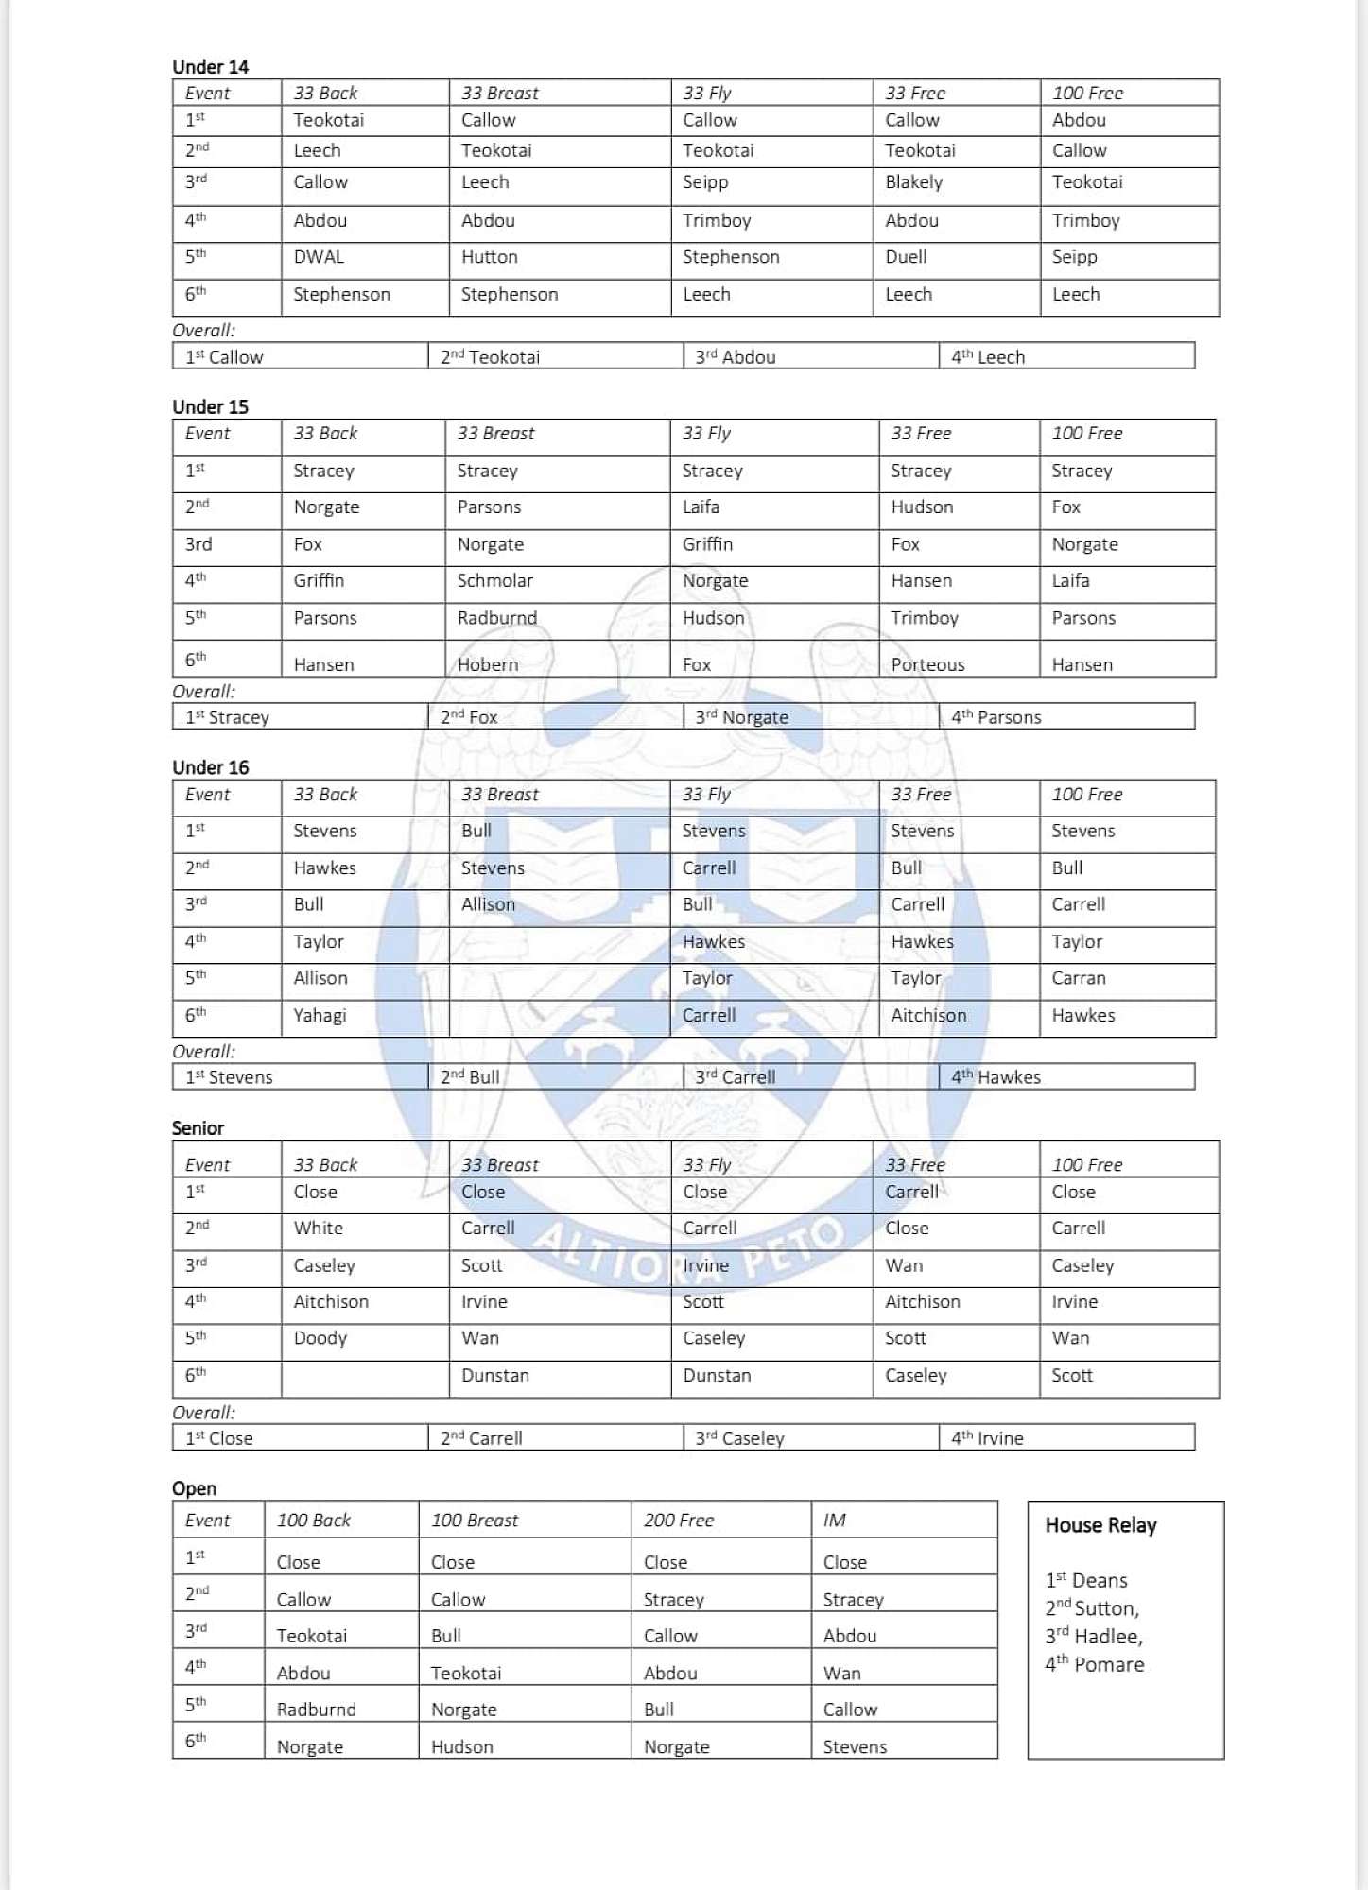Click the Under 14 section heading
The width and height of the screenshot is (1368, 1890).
tap(210, 67)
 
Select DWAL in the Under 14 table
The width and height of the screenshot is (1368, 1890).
tap(319, 257)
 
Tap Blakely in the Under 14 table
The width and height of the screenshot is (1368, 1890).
tap(913, 182)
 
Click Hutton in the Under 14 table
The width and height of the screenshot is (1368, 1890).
tap(489, 257)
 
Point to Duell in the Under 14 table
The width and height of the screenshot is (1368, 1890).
tap(906, 257)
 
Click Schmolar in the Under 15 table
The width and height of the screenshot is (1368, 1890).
tap(494, 581)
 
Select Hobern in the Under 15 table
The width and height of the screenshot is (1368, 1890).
tap(488, 664)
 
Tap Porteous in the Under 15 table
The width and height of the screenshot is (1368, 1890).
tap(927, 664)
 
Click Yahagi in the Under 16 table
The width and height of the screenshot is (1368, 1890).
tap(320, 1016)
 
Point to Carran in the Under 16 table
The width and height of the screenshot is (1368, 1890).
tap(1079, 979)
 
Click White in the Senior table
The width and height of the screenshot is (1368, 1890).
tap(318, 1228)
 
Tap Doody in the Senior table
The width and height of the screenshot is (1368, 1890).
tap(320, 1338)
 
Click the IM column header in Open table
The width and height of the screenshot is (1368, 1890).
tap(834, 1521)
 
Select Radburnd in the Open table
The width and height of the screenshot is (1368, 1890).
tap(316, 1710)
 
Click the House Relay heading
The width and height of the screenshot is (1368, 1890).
tap(1100, 1525)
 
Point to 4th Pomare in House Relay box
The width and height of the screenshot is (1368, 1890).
tap(1095, 1664)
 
